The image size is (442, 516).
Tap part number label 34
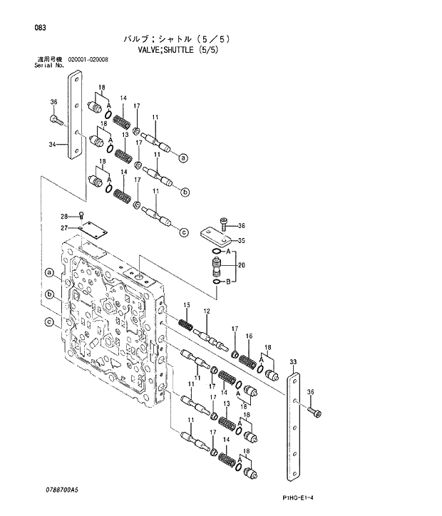click(52, 144)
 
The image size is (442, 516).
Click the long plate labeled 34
click(73, 118)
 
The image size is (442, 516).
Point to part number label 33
click(292, 363)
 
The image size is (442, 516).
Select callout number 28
click(63, 217)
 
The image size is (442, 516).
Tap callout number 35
click(241, 240)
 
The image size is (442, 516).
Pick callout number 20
click(241, 265)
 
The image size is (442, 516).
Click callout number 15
click(187, 306)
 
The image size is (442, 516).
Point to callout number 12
click(206, 311)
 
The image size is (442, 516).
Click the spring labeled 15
click(186, 325)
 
